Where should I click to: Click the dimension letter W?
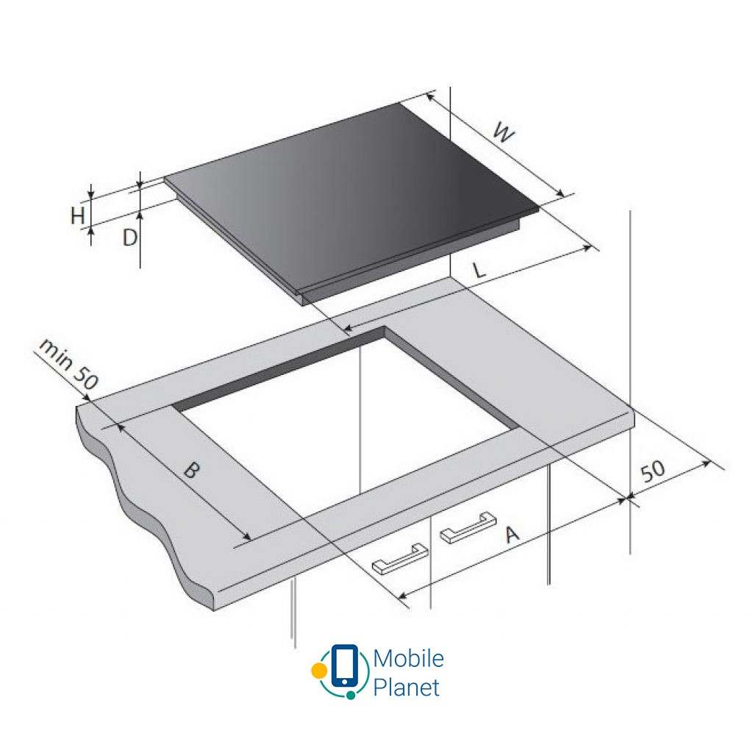point(503,134)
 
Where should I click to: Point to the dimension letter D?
point(130,237)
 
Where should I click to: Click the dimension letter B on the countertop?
point(191,470)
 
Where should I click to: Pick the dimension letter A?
point(513,534)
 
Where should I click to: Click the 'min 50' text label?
point(68,363)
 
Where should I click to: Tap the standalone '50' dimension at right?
point(654,471)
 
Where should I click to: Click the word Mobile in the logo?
point(408,658)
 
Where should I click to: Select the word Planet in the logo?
point(406,688)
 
